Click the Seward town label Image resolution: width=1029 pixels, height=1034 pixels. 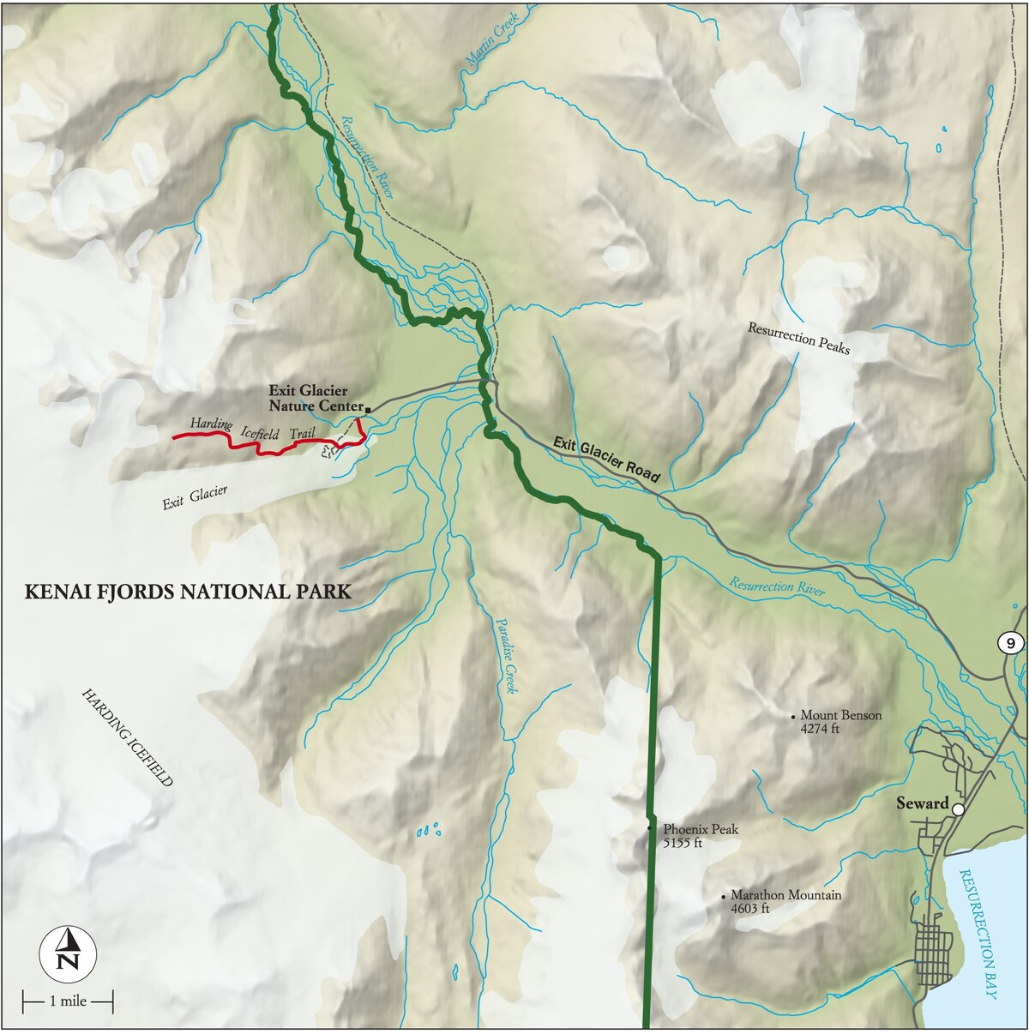click(x=922, y=803)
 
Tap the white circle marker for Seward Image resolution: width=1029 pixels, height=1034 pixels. click(x=958, y=809)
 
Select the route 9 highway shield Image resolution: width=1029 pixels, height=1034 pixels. click(x=1012, y=643)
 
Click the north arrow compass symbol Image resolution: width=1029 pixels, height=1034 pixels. click(x=68, y=953)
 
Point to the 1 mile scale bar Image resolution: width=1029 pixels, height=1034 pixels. click(x=68, y=1001)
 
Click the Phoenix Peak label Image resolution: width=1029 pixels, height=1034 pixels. click(x=700, y=829)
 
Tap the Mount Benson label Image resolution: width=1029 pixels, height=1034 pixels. click(x=840, y=715)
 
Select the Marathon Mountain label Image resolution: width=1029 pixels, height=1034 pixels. click(x=785, y=894)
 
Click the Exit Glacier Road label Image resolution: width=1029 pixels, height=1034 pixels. click(x=606, y=459)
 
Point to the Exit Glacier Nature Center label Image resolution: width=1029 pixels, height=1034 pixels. click(x=314, y=399)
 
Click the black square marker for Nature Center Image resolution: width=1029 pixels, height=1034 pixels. click(x=367, y=410)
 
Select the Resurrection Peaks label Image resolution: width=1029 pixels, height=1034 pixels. click(x=798, y=338)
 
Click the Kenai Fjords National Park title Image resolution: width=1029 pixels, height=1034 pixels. click(x=188, y=592)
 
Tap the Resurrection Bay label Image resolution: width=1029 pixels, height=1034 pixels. click(x=978, y=934)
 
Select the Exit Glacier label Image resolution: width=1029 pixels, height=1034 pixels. click(x=196, y=497)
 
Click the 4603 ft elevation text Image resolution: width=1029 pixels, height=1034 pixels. click(x=749, y=909)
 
